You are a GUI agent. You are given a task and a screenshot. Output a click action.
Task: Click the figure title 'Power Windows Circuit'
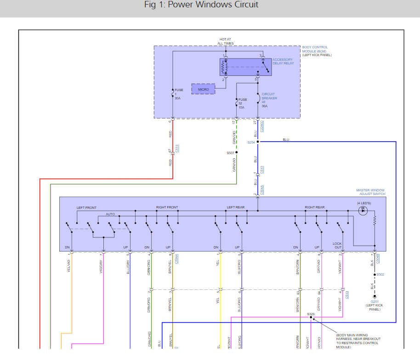click(x=201, y=5)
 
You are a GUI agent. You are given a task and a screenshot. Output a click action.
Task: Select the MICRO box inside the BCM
click(x=203, y=89)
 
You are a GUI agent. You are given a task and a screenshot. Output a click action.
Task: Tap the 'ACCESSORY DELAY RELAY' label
click(x=283, y=61)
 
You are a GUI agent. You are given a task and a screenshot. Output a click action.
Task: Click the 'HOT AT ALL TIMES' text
click(x=225, y=41)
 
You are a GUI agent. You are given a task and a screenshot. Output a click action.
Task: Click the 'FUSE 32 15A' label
click(x=242, y=104)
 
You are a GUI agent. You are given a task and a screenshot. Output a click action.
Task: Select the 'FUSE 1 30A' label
click(x=179, y=94)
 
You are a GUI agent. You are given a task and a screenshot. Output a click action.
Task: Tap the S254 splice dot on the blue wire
click(x=258, y=142)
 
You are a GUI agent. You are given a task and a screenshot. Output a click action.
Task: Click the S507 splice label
click(x=230, y=153)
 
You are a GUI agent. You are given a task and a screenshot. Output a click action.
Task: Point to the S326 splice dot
click(x=311, y=317)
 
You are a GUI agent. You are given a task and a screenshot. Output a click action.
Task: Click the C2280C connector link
click(x=262, y=126)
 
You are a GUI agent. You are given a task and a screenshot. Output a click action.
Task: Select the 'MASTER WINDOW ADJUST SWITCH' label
click(x=370, y=192)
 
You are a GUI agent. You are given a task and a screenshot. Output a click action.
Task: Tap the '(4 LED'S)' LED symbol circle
click(x=363, y=210)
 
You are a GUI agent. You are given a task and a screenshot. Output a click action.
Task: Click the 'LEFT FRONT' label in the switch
click(x=86, y=207)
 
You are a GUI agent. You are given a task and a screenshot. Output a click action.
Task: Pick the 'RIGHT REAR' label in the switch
click(x=314, y=207)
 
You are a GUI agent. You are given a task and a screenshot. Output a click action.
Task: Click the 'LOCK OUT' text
click(x=338, y=245)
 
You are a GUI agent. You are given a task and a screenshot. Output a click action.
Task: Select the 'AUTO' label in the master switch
click(x=110, y=214)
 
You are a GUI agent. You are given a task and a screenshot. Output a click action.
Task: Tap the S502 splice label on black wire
click(x=380, y=275)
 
